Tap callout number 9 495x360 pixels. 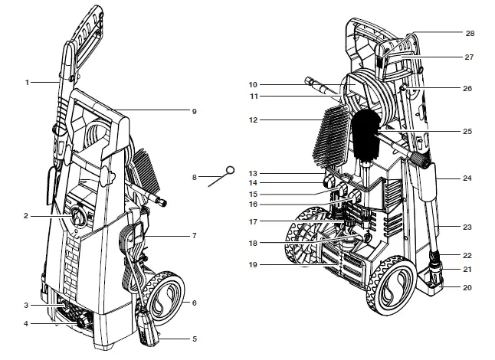click(195, 111)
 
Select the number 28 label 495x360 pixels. click(470, 34)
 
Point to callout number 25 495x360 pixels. click(467, 131)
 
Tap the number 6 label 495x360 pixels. click(195, 303)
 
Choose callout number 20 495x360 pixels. click(467, 288)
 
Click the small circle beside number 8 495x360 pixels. click(229, 170)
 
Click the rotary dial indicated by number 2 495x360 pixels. click(79, 218)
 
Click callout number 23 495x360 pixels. click(467, 227)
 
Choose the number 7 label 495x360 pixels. click(195, 235)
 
